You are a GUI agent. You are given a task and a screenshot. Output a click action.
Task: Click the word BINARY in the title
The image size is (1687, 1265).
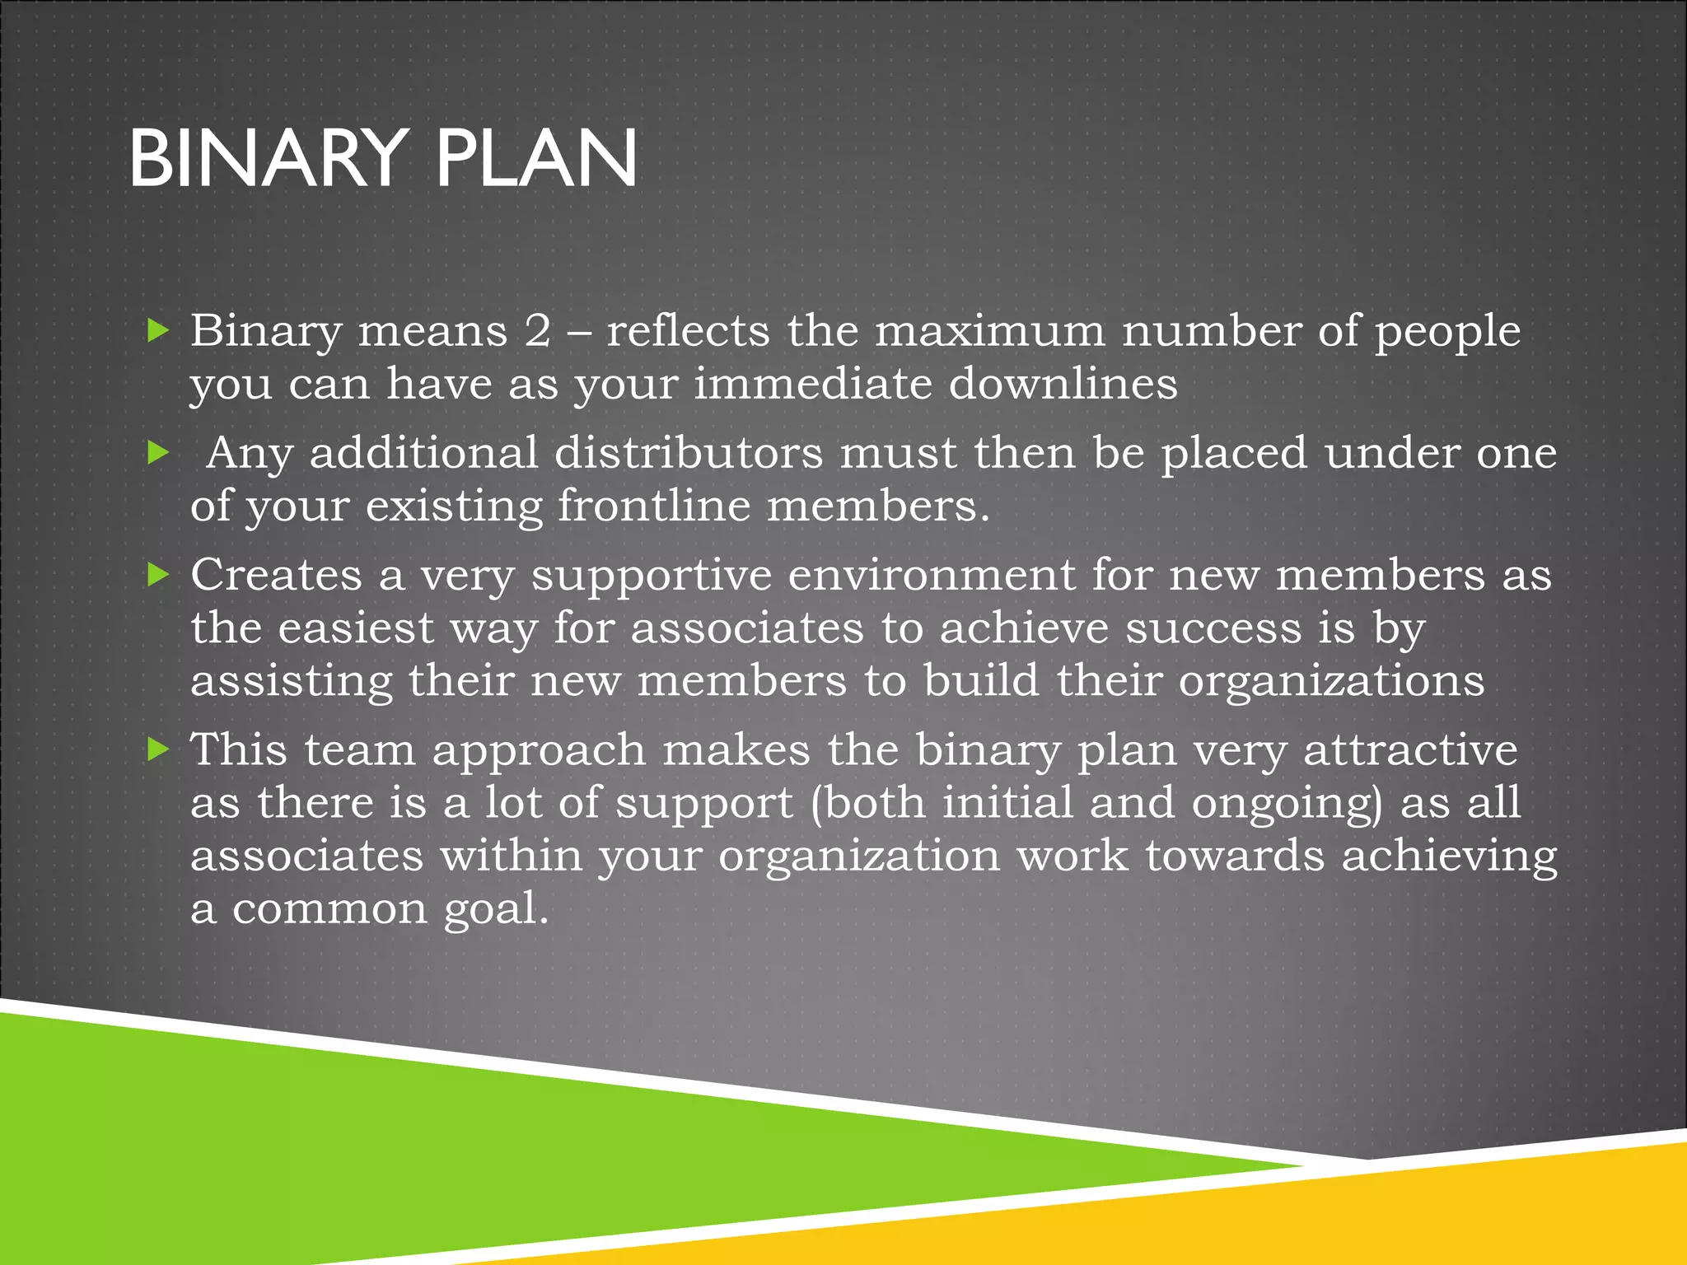pos(269,158)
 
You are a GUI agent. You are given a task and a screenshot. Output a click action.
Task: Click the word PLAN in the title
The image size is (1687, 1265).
pos(535,158)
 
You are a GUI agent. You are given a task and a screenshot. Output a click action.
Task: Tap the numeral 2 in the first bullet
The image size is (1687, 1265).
pos(537,331)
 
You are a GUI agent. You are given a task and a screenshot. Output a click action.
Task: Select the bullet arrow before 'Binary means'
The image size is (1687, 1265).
pos(157,330)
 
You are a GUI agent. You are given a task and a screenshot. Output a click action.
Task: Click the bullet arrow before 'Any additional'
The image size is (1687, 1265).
pos(157,451)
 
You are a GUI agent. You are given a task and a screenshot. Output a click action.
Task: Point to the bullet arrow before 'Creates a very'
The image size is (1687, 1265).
pos(157,574)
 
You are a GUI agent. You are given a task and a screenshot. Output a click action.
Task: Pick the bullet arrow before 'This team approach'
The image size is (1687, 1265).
pos(157,749)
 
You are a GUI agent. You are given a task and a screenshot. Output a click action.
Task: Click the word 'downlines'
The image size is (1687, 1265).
pos(1063,384)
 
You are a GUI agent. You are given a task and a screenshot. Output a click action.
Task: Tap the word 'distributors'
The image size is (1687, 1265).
pos(688,453)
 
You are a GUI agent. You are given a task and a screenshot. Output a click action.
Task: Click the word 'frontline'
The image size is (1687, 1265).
pos(654,506)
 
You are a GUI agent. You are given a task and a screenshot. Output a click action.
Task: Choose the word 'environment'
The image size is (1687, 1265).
pos(931,575)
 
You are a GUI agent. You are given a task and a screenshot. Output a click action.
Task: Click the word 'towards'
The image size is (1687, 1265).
pos(1235,856)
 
